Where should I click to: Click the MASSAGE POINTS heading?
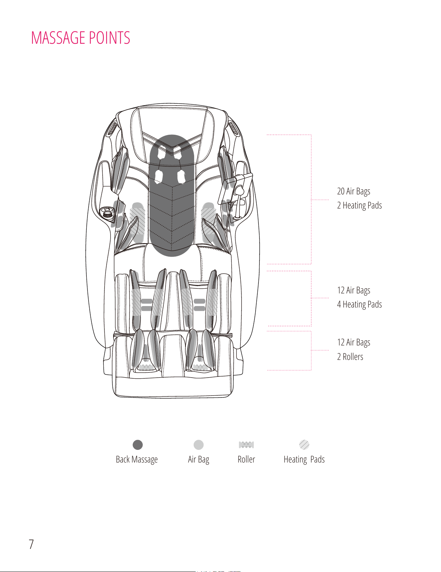[80, 38]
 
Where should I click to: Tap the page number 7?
[31, 544]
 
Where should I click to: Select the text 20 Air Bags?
[354, 192]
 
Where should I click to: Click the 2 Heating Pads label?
[359, 206]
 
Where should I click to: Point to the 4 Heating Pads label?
[359, 305]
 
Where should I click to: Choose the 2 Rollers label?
[350, 357]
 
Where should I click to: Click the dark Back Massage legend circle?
[138, 445]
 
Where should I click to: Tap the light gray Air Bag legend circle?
[198, 445]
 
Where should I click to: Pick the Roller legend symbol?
[246, 445]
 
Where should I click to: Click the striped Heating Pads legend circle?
[304, 445]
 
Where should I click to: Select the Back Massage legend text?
[137, 460]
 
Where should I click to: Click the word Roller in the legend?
[246, 460]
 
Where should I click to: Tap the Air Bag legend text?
[198, 460]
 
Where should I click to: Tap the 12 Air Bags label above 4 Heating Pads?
[354, 291]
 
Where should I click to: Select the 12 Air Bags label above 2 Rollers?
[354, 343]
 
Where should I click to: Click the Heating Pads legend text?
[304, 460]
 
